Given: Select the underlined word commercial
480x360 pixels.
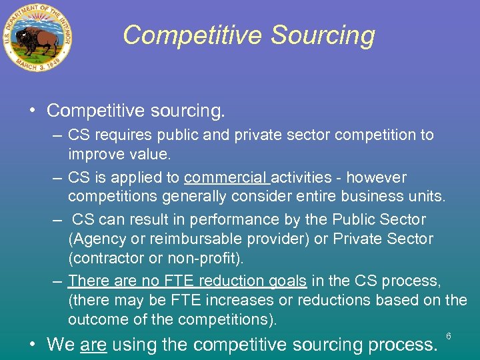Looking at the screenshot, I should [x=227, y=178].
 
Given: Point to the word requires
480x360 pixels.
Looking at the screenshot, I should [x=125, y=135].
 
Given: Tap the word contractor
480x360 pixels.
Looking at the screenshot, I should [x=107, y=258].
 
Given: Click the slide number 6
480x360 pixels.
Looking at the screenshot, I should [x=449, y=336].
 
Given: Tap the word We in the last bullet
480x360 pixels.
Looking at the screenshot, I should [x=61, y=345].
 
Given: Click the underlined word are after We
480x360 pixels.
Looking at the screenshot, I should [x=93, y=345].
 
